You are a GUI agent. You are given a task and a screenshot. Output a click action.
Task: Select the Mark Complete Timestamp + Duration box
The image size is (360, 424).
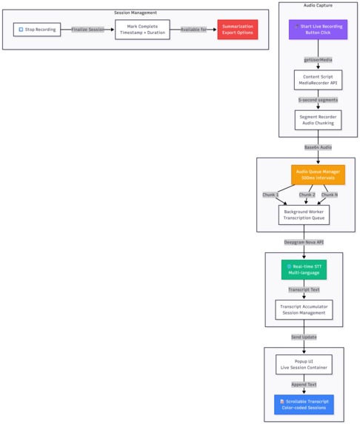tap(147, 30)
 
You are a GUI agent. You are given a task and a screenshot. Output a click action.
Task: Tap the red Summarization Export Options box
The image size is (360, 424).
tap(237, 30)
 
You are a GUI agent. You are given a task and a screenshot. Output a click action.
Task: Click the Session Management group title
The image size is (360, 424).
tap(135, 13)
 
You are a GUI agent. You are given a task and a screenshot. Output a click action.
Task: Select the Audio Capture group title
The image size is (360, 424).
tap(318, 5)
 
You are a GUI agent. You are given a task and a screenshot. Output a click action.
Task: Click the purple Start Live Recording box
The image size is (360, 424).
tap(318, 30)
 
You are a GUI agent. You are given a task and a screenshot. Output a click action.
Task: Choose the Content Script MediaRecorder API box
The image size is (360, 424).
tap(318, 79)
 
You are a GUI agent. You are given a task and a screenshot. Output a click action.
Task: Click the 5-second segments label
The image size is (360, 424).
tap(318, 99)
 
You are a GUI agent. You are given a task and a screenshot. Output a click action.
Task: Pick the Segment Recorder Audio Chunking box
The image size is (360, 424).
tap(318, 120)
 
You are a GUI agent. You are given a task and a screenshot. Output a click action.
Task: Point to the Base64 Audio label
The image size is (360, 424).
tap(304, 147)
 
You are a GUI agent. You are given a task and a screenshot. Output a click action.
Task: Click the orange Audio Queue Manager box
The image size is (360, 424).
tap(318, 175)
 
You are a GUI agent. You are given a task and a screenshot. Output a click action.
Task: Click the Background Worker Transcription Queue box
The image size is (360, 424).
tap(304, 215)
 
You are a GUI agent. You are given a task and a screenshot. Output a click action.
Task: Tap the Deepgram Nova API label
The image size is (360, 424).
tap(304, 242)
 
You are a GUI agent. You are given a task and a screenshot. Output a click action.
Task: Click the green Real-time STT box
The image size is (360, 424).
tap(304, 269)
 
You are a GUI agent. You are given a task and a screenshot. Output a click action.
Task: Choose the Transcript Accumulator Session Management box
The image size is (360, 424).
tap(304, 309)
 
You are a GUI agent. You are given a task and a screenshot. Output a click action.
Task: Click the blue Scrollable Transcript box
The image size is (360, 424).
tap(304, 404)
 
